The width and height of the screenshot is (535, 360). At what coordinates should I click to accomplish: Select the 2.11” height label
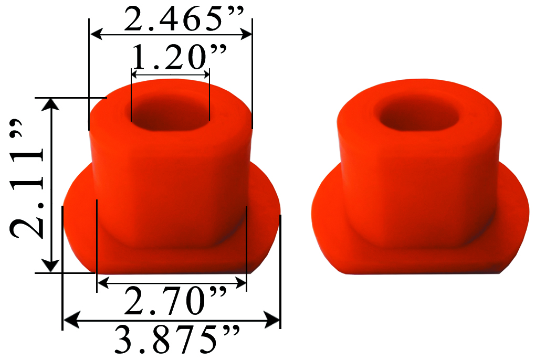click(x=26, y=187)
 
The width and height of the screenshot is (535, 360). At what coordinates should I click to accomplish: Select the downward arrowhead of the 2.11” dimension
click(x=51, y=266)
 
